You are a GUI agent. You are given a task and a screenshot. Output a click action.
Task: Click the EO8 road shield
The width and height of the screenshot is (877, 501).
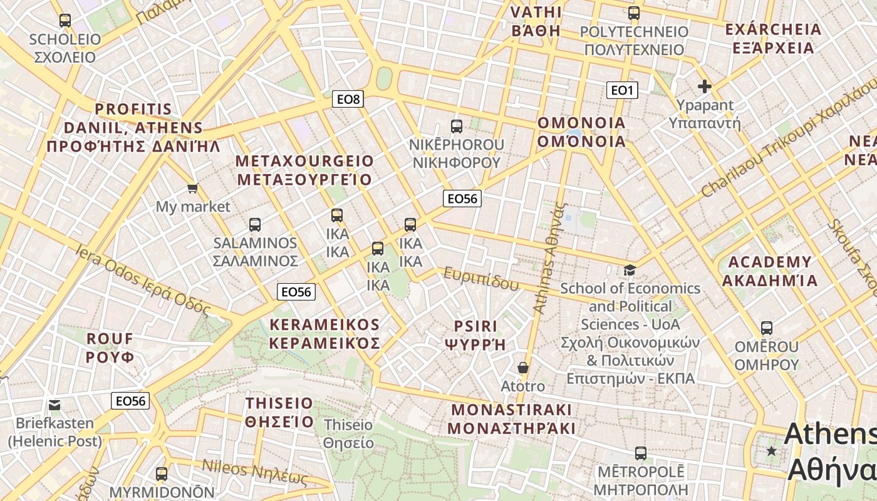click(348, 99)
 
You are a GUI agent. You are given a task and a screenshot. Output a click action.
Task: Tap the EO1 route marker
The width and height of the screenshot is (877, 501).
click(621, 90)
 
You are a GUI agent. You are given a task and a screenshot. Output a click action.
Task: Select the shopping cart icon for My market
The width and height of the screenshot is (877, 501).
click(193, 188)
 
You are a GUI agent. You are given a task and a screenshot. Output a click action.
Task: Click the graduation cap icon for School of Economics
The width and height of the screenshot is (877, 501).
click(630, 270)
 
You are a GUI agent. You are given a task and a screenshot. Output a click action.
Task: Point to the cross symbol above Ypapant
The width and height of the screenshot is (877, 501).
click(705, 86)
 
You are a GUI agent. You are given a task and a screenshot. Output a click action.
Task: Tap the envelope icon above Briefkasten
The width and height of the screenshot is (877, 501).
click(54, 405)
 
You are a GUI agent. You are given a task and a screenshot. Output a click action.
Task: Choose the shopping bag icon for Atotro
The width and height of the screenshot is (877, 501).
click(523, 368)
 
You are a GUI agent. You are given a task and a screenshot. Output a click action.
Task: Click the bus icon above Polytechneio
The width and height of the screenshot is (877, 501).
click(634, 13)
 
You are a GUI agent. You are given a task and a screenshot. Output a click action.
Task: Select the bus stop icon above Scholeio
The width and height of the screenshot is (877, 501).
click(65, 20)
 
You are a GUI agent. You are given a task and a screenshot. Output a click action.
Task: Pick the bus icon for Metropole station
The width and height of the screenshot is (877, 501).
click(640, 453)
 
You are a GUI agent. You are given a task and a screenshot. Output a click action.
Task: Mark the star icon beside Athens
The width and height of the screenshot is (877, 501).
click(772, 451)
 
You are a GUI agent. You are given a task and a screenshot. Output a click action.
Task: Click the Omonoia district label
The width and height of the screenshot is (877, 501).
click(581, 132)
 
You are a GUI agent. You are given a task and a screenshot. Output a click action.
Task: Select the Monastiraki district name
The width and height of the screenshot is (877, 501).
click(512, 419)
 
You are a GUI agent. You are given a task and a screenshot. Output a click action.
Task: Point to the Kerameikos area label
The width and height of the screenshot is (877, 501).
click(324, 333)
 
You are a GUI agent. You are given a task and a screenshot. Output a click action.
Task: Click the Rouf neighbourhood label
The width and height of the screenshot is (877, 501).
click(110, 348)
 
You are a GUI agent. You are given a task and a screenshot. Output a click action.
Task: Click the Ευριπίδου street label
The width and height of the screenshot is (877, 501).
click(481, 277)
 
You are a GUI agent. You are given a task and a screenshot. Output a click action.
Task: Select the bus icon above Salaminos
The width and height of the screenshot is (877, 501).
click(254, 224)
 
